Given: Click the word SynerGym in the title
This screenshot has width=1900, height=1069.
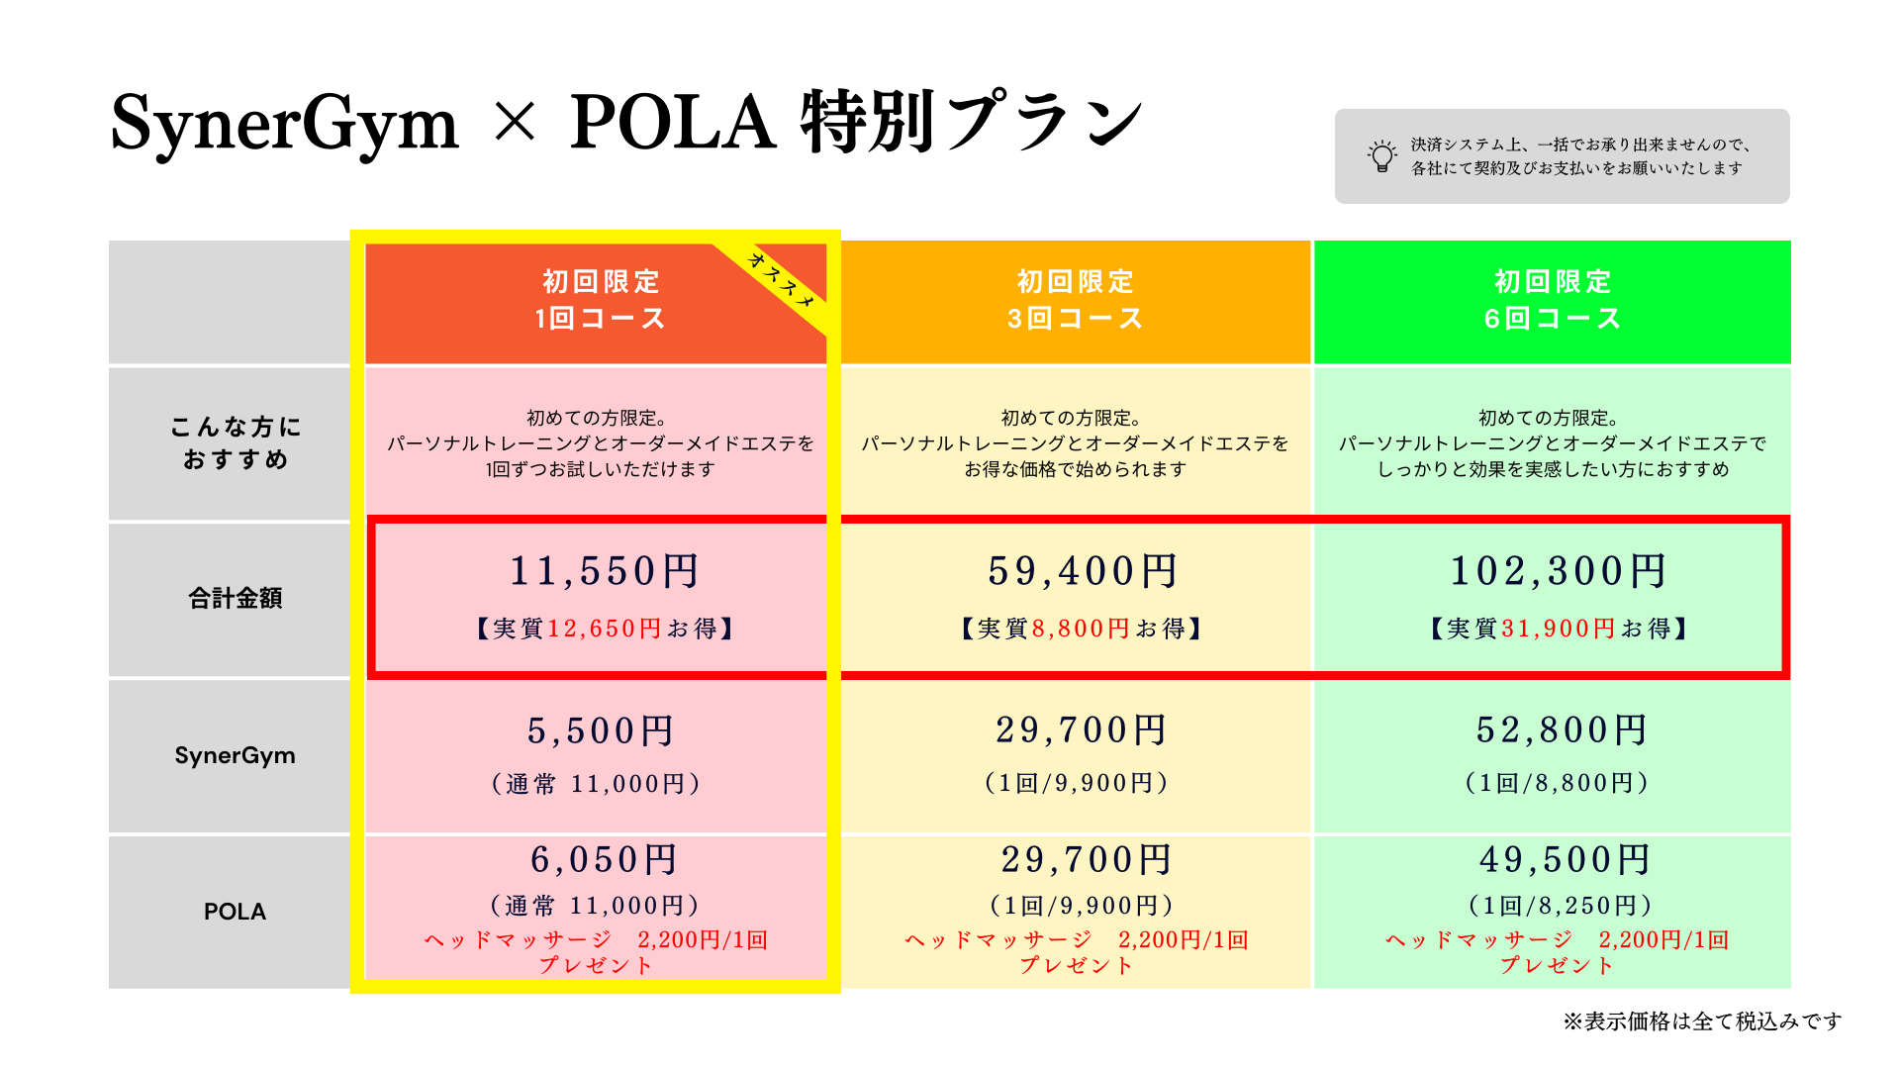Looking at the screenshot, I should pos(284,124).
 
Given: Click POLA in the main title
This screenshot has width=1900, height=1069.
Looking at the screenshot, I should pos(673,122).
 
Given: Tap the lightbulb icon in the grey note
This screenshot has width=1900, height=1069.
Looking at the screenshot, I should pos(1381,156).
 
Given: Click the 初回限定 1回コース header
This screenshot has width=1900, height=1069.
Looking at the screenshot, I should pos(600,300).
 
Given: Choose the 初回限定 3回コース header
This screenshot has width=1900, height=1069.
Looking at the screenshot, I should pos(1075,300).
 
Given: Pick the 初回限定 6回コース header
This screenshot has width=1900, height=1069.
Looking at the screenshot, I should pos(1552,300).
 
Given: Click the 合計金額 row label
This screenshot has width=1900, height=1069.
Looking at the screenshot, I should pos(236,598).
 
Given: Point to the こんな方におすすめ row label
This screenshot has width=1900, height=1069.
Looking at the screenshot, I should pos(236,442).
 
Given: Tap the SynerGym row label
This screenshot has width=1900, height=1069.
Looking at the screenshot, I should pos(236,755).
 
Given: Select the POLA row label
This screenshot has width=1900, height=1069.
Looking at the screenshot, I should pos(236,912).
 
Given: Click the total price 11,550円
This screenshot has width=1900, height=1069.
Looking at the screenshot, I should pos(604,571).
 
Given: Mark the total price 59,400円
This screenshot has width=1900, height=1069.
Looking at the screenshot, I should pos(1083,571).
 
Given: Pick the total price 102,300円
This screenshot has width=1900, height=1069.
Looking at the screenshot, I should pos(1559,571).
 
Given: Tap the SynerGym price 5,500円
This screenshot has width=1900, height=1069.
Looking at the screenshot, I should pos(601,731).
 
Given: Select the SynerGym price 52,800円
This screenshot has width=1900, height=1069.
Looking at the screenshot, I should pos(1562,730).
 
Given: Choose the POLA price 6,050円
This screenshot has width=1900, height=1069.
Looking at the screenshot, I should pos(604,860).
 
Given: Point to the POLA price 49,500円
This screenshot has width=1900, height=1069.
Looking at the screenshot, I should pos(1565,860).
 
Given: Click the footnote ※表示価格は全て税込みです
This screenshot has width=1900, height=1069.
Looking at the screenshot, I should pos(1702,1021).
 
